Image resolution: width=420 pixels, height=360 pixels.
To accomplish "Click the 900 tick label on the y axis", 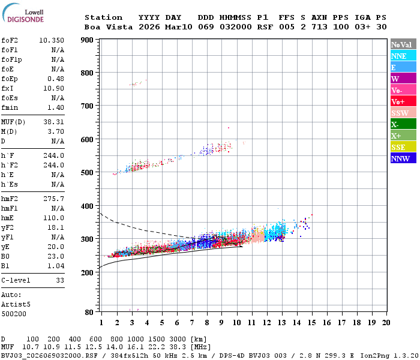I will coord(87,40).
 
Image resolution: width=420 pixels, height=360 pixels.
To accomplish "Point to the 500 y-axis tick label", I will coord(87,173).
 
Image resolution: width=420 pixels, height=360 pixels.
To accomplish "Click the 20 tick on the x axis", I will coord(386,322).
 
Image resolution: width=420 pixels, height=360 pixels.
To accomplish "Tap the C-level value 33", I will coord(59,280).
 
